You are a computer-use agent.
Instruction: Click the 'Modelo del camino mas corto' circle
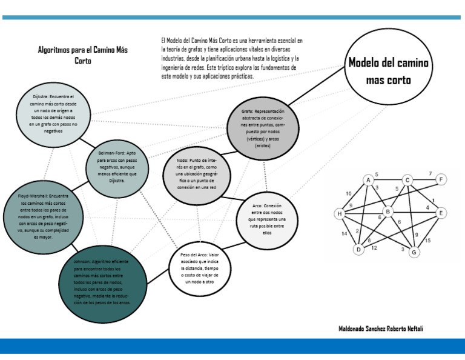pos(388,71)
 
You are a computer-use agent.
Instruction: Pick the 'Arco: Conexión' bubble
pos(266,218)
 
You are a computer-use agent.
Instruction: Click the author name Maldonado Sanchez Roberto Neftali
pos(381,328)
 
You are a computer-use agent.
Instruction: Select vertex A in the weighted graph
pos(368,180)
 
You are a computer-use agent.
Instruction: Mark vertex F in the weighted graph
pos(441,179)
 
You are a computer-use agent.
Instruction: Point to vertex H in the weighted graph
pos(340,213)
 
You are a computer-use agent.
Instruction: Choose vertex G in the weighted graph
pos(415,252)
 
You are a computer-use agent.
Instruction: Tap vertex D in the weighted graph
pos(358,249)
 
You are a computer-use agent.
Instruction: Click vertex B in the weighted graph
pos(388,212)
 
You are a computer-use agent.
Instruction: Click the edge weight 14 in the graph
pos(344,233)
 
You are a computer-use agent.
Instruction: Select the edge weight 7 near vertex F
pos(430,174)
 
